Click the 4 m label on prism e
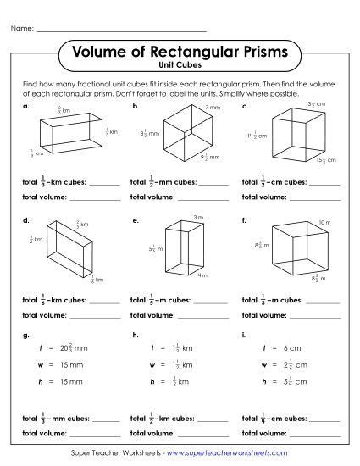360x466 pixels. pyautogui.click(x=202, y=275)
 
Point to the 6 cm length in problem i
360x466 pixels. pyautogui.click(x=294, y=347)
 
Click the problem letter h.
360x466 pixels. pyautogui.click(x=135, y=336)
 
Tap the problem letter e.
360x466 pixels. pyautogui.click(x=135, y=220)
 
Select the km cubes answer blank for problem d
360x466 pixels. pyautogui.click(x=104, y=300)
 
